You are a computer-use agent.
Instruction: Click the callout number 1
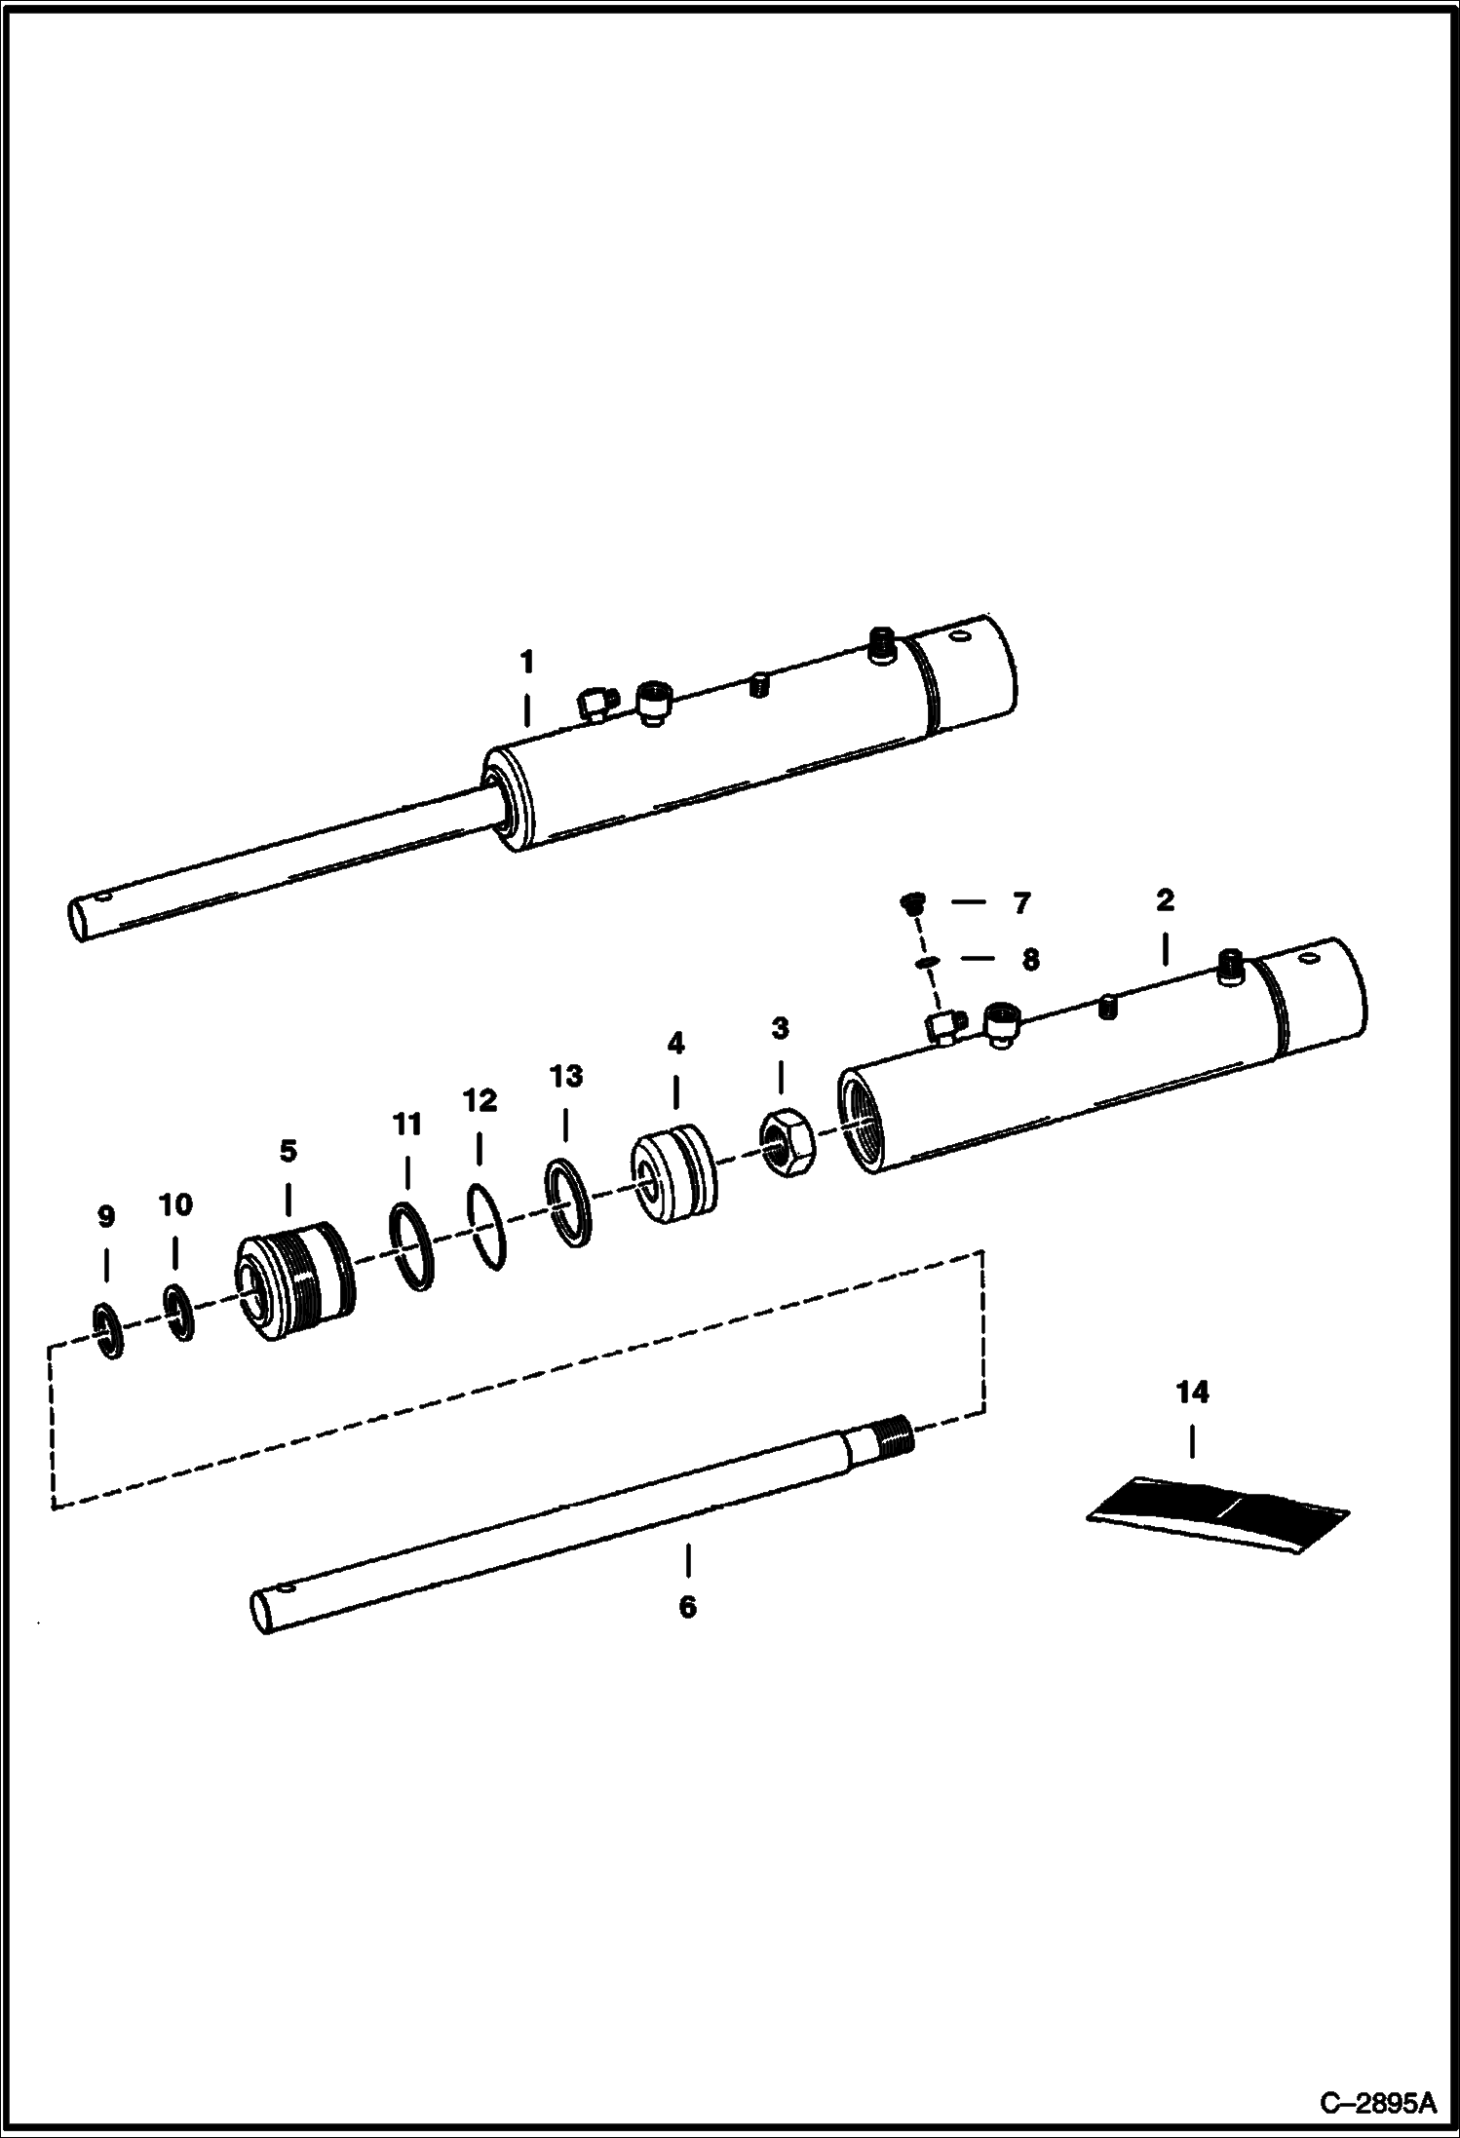point(526,663)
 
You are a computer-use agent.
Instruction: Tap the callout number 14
point(1192,1393)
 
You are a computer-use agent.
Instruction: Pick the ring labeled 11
point(411,1246)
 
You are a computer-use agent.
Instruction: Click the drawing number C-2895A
point(1377,2102)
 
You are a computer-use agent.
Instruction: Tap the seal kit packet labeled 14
point(1218,1513)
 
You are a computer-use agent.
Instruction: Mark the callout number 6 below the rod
point(688,1607)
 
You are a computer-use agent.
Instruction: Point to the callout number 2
point(1166,900)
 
